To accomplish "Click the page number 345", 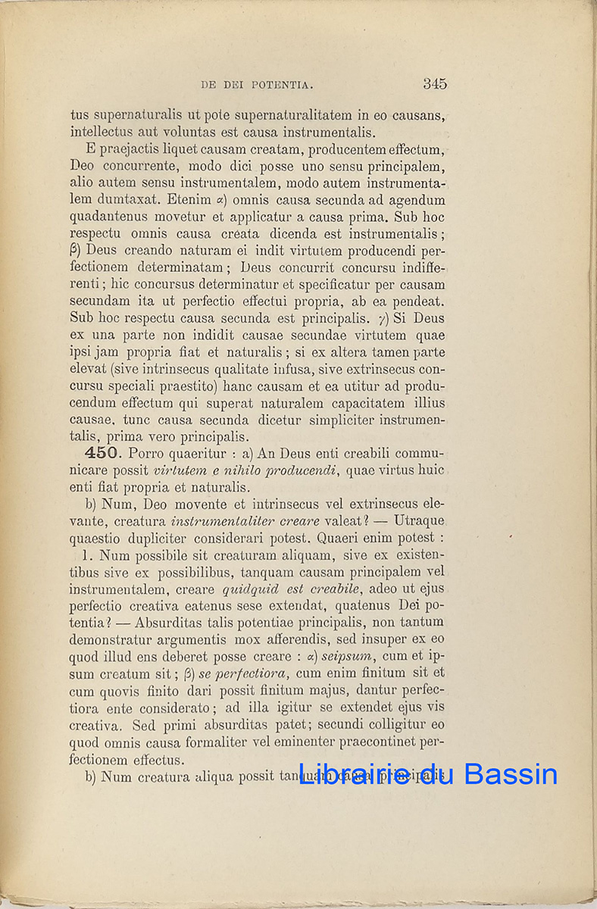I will [x=435, y=84].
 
